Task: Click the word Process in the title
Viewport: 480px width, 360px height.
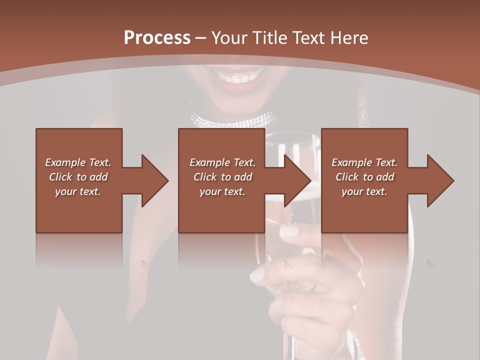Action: [157, 38]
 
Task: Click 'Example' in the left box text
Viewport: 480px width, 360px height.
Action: [65, 162]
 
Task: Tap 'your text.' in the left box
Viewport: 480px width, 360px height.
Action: [78, 191]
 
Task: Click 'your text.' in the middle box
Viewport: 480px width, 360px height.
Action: [222, 191]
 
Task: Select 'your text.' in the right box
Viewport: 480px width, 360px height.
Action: [364, 191]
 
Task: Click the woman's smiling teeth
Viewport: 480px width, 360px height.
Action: [237, 77]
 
